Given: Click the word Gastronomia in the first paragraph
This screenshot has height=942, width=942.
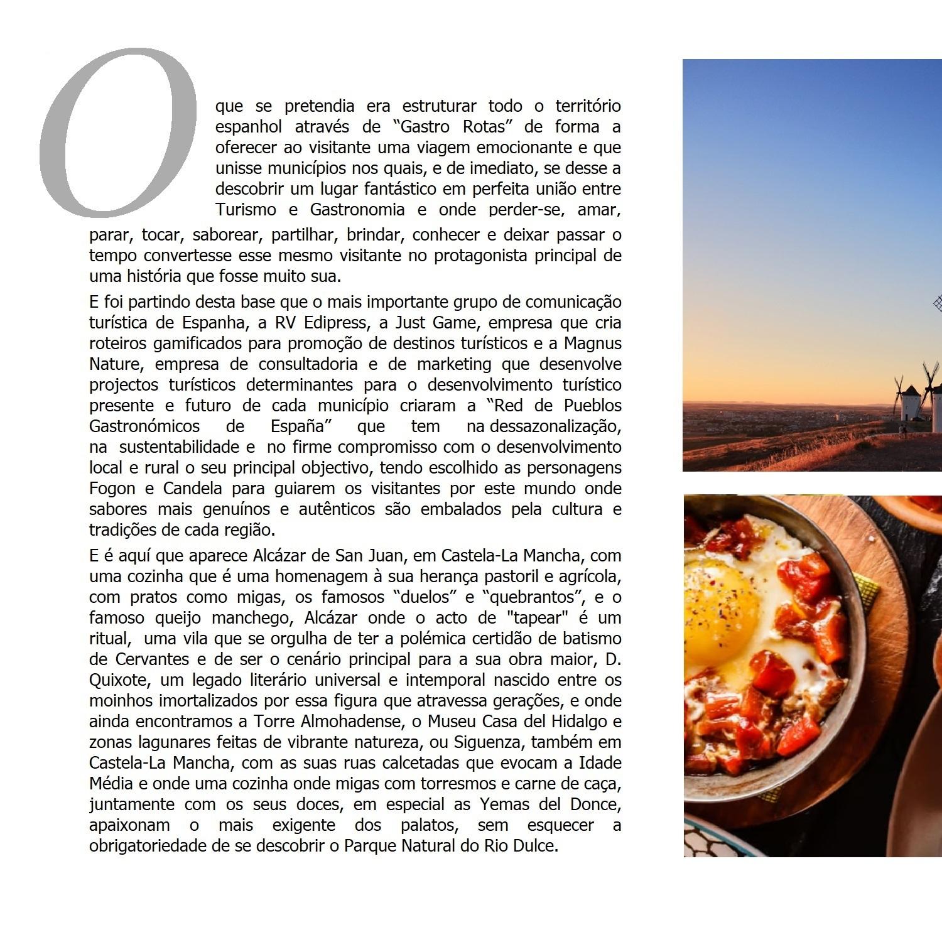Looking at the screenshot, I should [357, 209].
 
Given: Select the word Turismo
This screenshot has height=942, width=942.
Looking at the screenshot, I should [246, 209].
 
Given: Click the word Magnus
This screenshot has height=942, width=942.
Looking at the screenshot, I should [592, 344].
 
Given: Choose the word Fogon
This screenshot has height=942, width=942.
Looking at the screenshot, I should [112, 489].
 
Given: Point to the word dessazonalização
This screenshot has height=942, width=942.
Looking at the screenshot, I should [555, 426].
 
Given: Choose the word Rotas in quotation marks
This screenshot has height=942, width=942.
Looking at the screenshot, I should [484, 127].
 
